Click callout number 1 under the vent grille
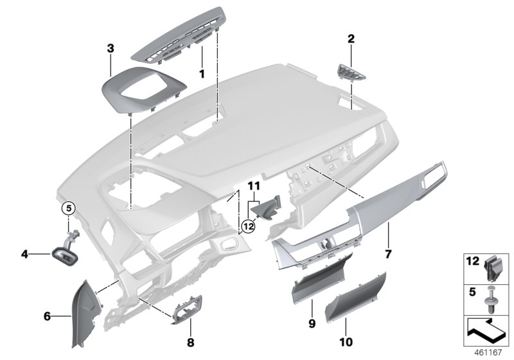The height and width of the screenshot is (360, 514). coord(201,74)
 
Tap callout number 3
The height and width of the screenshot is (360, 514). coord(111,48)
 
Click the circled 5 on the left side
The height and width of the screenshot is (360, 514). coord(69,208)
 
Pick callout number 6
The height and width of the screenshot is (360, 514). coord(47,316)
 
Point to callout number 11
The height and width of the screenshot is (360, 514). coord(254,186)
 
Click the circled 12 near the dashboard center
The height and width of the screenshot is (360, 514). coord(249,226)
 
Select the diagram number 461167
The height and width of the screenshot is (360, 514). coord(491,352)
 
